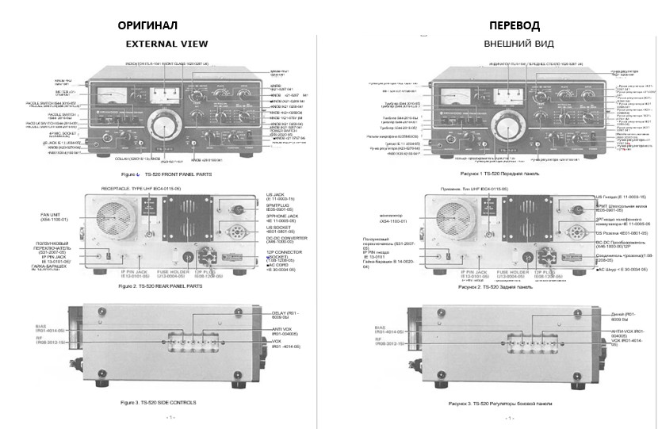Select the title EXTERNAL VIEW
(166, 44)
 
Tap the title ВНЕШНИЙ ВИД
(518, 44)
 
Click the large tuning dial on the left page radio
(166, 127)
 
